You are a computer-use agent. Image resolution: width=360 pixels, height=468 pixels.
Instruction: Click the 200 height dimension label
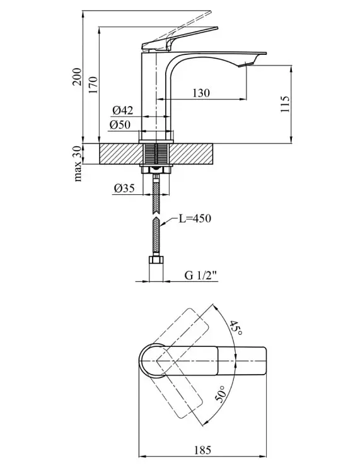pyautogui.click(x=77, y=76)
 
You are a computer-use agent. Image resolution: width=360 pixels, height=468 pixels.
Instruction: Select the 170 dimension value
pyautogui.click(x=93, y=85)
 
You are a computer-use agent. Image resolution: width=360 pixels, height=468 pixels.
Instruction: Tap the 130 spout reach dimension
pyautogui.click(x=201, y=93)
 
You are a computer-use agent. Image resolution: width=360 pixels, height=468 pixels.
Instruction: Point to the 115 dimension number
pyautogui.click(x=285, y=104)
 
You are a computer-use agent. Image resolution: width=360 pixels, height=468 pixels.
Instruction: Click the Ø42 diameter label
pyautogui.click(x=123, y=110)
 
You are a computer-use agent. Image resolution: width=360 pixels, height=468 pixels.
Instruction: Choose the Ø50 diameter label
pyautogui.click(x=120, y=124)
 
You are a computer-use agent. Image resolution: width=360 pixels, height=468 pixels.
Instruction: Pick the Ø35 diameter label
pyautogui.click(x=124, y=188)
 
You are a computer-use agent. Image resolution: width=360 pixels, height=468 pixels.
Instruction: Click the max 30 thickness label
pyautogui.click(x=78, y=163)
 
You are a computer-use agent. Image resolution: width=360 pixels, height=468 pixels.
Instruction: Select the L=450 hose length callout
pyautogui.click(x=195, y=218)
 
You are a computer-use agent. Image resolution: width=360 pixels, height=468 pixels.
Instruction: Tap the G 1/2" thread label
pyautogui.click(x=202, y=275)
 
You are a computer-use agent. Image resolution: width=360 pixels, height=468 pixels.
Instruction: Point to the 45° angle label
pyautogui.click(x=236, y=328)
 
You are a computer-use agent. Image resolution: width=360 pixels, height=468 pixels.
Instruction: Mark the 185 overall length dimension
pyautogui.click(x=202, y=450)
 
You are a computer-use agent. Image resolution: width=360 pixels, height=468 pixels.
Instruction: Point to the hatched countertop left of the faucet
pyautogui.click(x=120, y=154)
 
